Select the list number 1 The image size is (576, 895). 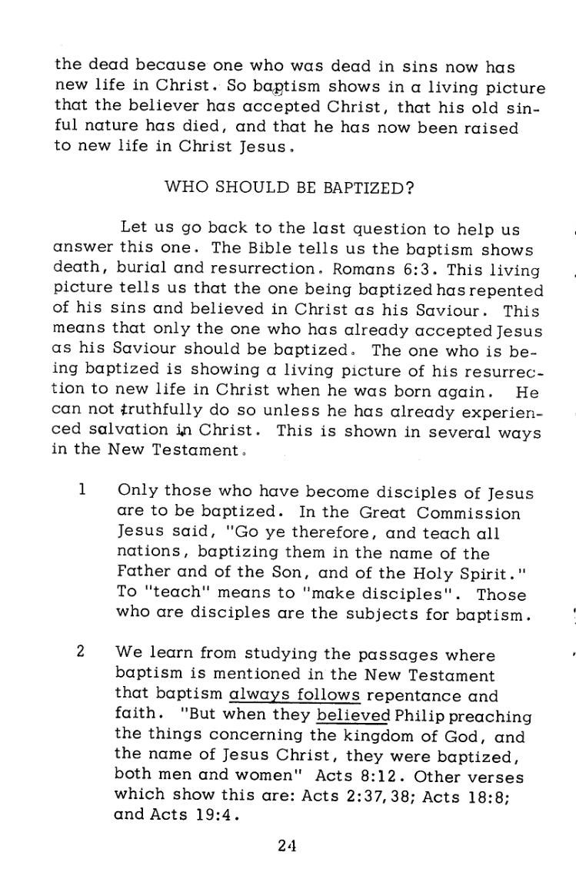(x=81, y=489)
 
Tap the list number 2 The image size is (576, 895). (x=80, y=652)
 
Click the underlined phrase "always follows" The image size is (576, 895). (x=295, y=696)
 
